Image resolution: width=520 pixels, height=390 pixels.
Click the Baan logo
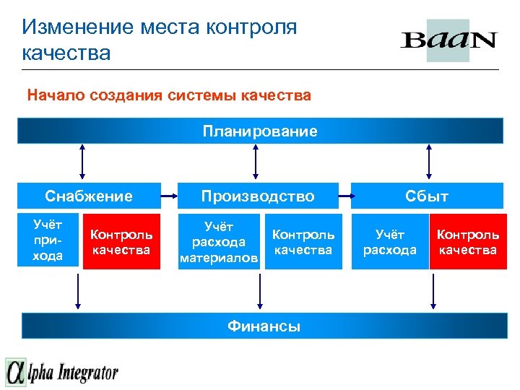[448, 40]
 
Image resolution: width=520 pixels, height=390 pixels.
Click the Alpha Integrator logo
[62, 372]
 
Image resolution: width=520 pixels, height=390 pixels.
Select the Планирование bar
[260, 131]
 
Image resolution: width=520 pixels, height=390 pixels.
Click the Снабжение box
[89, 196]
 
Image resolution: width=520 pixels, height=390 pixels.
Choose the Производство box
[258, 196]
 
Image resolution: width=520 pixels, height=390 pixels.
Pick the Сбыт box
[428, 196]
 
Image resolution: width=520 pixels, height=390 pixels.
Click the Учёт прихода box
[48, 241]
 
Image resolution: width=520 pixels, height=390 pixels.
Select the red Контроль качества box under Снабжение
[121, 242]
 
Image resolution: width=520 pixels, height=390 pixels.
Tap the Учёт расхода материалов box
[219, 242]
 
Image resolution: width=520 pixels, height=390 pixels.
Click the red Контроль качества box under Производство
[303, 242]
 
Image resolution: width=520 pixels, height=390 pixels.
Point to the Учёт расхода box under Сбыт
[389, 242]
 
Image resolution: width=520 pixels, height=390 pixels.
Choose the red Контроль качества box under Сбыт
[468, 242]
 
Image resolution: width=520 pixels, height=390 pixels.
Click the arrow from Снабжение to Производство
[168, 196]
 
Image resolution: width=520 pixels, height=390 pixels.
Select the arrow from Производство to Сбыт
[340, 196]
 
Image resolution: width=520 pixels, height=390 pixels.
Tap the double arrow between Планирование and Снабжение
[83, 160]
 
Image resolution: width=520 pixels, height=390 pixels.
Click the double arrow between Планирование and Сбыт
[430, 160]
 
